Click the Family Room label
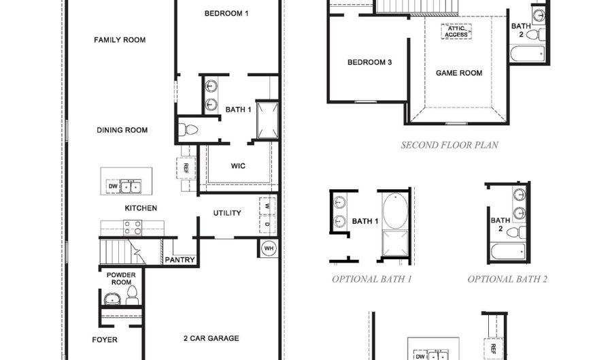[x=120, y=40]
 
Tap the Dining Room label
[x=122, y=130]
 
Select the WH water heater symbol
[x=268, y=248]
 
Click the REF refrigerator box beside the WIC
[x=184, y=167]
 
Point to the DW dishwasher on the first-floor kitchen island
[x=112, y=186]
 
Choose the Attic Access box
[x=456, y=31]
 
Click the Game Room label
[x=459, y=73]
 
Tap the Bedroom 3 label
[x=369, y=63]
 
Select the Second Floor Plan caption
[x=449, y=145]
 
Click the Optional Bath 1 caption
[x=372, y=279]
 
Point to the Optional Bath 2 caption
[x=507, y=279]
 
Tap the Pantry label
[x=180, y=260]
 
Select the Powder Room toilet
[x=132, y=295]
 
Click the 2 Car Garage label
[x=211, y=338]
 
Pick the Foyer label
[x=105, y=340]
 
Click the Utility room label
[x=227, y=213]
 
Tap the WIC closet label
[x=238, y=165]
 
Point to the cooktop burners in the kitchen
[x=132, y=227]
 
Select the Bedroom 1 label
[x=227, y=13]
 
